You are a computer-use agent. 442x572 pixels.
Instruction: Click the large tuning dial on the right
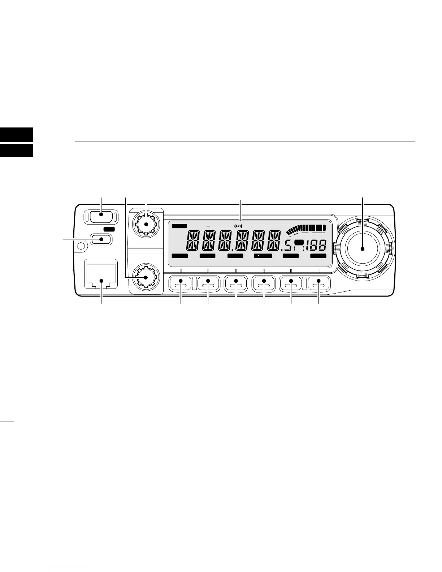click(363, 248)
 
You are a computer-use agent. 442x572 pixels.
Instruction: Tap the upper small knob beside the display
click(146, 224)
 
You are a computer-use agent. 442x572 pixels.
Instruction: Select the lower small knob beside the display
click(146, 277)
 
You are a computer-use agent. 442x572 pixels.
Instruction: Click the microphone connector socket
click(101, 276)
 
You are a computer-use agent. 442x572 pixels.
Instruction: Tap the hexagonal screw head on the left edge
click(81, 248)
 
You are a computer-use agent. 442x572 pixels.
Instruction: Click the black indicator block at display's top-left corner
click(179, 226)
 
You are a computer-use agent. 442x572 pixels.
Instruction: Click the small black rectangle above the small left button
click(109, 229)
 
